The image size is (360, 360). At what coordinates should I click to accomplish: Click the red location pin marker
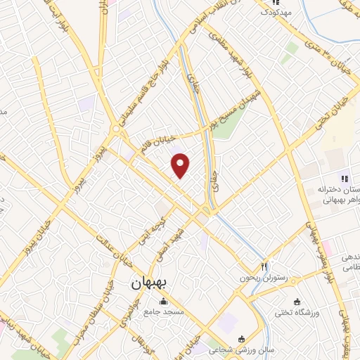[x=181, y=165]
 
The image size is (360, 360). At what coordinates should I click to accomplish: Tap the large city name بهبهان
[x=148, y=284]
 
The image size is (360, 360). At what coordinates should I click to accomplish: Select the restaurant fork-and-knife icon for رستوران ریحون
[x=265, y=266]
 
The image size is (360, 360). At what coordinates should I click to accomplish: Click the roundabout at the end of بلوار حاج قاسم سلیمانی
[x=115, y=129]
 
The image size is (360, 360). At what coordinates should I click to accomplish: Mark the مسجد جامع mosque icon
[x=163, y=300]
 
